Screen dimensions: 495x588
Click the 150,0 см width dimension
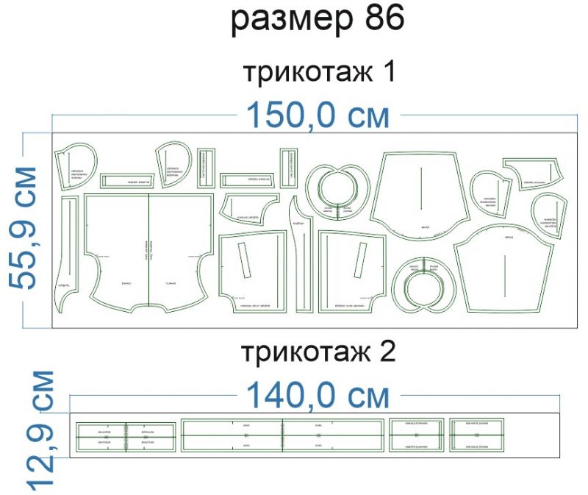click(317, 115)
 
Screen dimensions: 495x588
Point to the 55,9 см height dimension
click(25, 228)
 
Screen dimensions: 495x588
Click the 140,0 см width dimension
click(317, 396)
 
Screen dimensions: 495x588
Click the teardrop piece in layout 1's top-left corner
click(75, 165)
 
